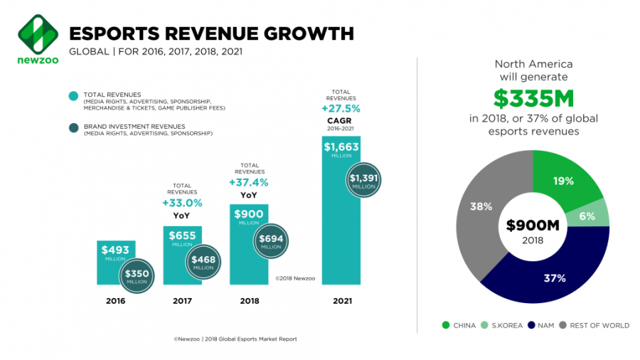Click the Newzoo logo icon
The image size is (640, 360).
point(36,32)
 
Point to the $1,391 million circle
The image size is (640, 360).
point(364,181)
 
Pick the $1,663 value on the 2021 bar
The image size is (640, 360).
point(341,148)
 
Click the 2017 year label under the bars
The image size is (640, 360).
point(183,301)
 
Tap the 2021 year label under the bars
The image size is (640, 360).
point(341,301)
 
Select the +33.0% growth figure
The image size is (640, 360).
point(183,203)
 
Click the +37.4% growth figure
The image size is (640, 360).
point(250,183)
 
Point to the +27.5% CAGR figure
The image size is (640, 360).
point(341,109)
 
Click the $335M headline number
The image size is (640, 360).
point(533,97)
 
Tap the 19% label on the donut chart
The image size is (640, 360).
point(564,181)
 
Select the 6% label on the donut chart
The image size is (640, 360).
point(587,216)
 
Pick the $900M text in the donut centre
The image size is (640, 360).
point(533,226)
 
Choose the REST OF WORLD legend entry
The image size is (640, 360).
point(599,325)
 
